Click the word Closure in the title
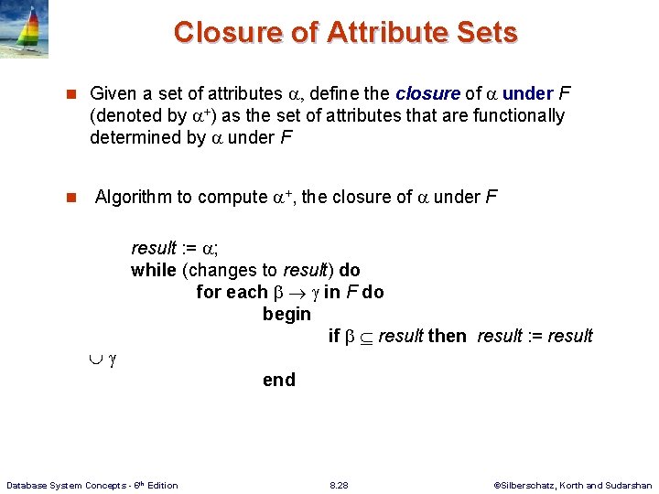[221, 32]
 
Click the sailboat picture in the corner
[24, 28]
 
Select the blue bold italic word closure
[427, 93]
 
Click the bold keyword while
[154, 270]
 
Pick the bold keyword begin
[286, 314]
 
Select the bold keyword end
[279, 380]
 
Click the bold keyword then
[447, 336]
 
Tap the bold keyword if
[334, 336]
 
